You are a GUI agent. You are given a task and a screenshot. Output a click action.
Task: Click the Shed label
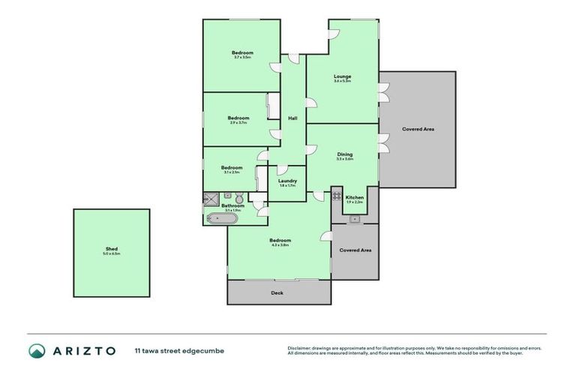click(x=111, y=249)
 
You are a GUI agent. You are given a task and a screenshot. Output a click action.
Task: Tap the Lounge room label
click(x=342, y=76)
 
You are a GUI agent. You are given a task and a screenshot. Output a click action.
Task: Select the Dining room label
click(x=344, y=154)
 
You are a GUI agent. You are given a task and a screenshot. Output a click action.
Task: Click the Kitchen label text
click(x=354, y=197)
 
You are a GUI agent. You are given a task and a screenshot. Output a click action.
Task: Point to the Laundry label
click(x=287, y=180)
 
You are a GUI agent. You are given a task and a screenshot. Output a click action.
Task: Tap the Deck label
click(x=277, y=292)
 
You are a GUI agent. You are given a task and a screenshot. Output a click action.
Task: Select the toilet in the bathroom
click(x=238, y=198)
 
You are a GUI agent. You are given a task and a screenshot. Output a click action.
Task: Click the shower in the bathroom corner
click(x=209, y=199)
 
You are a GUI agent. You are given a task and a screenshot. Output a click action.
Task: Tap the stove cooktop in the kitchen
click(x=337, y=196)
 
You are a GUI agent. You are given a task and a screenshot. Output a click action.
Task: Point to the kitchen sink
click(x=354, y=219)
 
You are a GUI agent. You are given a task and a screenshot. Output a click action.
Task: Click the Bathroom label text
click(x=232, y=205)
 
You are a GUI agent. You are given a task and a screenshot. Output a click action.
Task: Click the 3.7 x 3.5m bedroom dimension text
click(x=242, y=57)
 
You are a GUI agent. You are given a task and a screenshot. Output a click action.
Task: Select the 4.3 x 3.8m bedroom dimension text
click(x=280, y=244)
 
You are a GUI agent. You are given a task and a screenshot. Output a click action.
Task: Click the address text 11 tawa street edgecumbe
click(x=179, y=350)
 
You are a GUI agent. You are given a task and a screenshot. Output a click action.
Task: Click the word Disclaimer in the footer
click(x=300, y=347)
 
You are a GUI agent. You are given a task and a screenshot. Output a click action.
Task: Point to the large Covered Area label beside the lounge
click(x=418, y=129)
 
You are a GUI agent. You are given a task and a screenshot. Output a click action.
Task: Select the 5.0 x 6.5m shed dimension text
click(x=111, y=254)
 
